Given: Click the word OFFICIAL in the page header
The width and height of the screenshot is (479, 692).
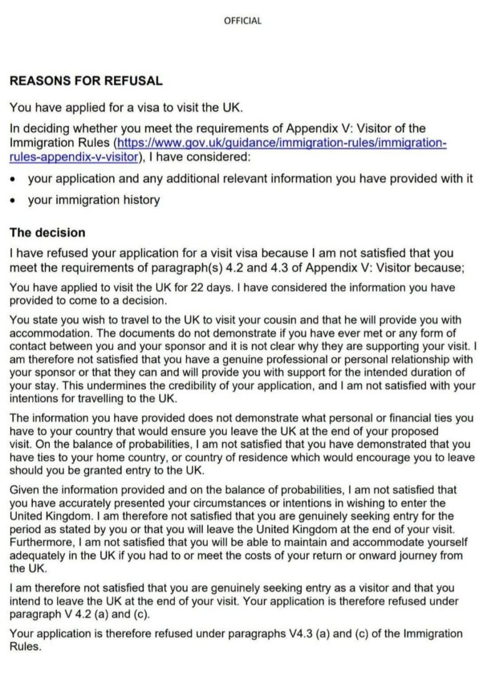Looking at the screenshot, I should tap(243, 21).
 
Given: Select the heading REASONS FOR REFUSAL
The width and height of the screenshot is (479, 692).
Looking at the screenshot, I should tap(86, 80).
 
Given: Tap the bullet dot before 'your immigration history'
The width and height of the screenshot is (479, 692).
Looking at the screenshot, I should tap(13, 201).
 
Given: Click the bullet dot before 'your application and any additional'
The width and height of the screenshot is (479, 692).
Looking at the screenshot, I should tap(13, 180).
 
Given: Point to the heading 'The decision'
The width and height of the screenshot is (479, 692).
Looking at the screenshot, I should tap(47, 233).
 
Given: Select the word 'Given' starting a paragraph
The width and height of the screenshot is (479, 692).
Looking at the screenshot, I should tap(24, 491).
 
